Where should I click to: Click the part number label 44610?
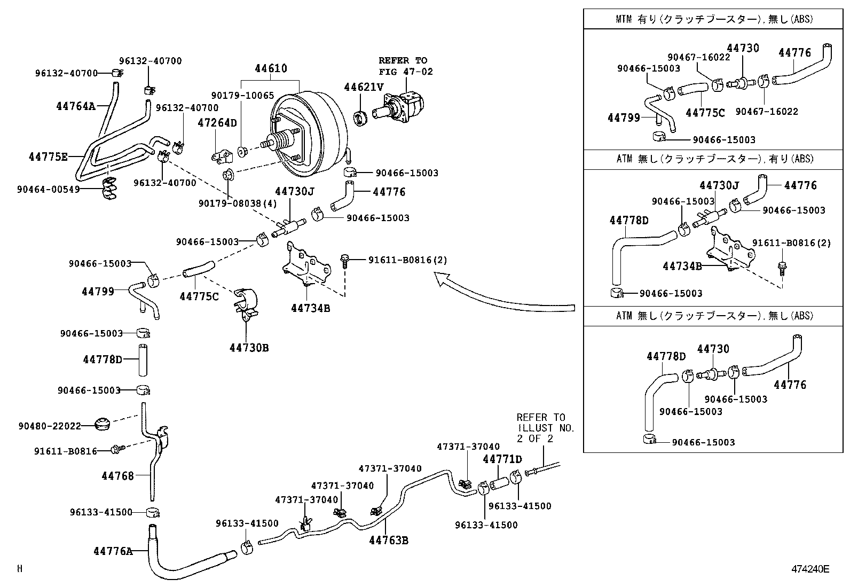coord(271,69)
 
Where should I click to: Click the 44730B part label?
coord(249,348)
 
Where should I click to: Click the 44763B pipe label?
coord(389,541)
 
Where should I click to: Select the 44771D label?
coord(502,459)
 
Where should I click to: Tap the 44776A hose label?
coord(112,551)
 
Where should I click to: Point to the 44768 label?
coord(117,475)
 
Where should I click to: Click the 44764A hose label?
coord(75,106)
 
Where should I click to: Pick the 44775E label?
coord(48,157)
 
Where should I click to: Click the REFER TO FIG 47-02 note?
coord(405,66)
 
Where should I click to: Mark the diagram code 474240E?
coord(810,569)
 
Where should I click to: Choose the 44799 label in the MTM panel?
coord(624,118)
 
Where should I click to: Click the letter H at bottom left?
coord(20,569)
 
